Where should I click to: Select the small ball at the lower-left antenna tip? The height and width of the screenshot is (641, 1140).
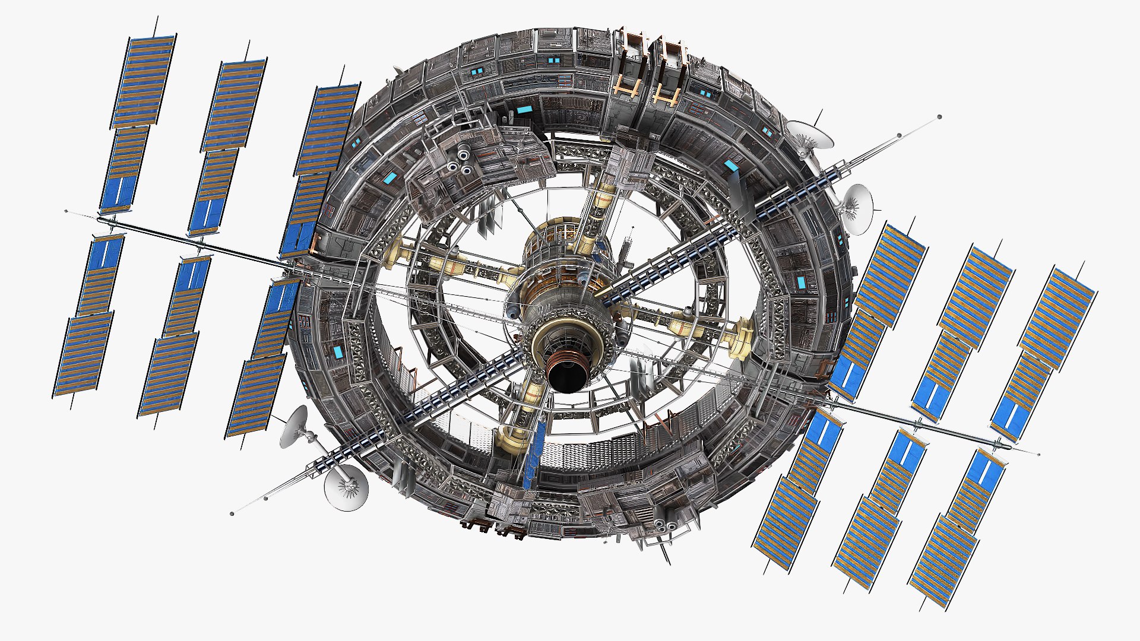[x=232, y=513]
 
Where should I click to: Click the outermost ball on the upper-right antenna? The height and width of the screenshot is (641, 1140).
[x=939, y=117]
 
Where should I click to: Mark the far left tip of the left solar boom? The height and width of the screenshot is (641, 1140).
[x=66, y=211]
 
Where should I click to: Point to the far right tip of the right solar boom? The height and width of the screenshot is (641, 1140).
[x=1038, y=455]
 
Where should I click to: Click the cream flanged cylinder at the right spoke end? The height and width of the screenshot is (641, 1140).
[x=743, y=338]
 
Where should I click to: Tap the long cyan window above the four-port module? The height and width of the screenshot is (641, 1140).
[x=524, y=110]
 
